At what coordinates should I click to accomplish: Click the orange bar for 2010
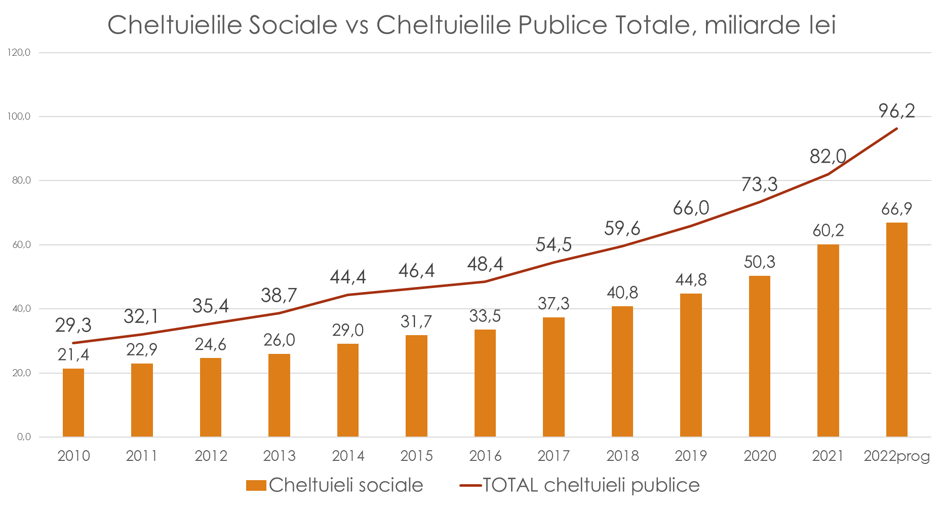[x=73, y=403]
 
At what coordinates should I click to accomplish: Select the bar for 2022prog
[x=896, y=330]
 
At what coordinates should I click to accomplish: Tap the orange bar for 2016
[x=485, y=383]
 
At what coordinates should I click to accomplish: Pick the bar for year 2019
[x=691, y=365]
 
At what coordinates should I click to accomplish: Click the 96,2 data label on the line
[x=896, y=111]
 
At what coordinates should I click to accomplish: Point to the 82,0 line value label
[x=828, y=156]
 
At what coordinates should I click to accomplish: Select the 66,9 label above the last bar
[x=896, y=209]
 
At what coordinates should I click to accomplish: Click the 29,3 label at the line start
[x=73, y=325]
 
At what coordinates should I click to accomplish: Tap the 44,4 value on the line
[x=348, y=277]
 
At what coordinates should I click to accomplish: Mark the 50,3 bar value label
[x=759, y=262]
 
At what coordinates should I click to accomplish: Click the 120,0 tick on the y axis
[x=19, y=52]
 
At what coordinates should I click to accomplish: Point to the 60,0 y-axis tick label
[x=21, y=245]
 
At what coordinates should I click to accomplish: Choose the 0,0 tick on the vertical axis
[x=24, y=437]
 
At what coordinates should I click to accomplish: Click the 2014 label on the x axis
[x=348, y=456]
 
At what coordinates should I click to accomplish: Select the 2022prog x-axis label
[x=896, y=456]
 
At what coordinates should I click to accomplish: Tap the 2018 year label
[x=622, y=456]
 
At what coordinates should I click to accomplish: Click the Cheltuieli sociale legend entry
[x=335, y=485]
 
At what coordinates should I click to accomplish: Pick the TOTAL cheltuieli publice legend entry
[x=580, y=485]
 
